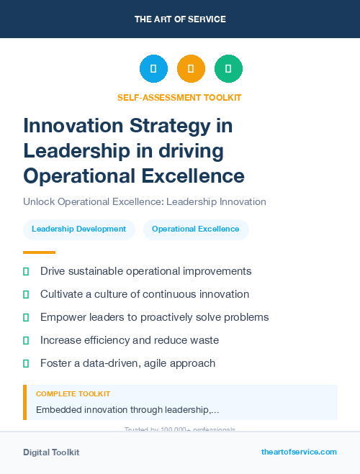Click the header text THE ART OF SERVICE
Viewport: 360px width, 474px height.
tap(180, 19)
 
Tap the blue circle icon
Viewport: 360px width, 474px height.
tap(153, 69)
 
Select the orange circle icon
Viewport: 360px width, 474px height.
tap(191, 69)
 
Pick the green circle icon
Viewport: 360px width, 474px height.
tap(228, 69)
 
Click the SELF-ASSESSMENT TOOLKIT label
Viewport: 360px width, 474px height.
tap(179, 97)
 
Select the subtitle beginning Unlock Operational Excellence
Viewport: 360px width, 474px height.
tap(144, 202)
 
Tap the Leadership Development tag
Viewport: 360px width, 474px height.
tap(79, 229)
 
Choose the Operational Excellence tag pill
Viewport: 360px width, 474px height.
tap(195, 229)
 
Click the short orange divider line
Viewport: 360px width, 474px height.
tap(39, 252)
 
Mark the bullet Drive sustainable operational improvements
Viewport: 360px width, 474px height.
tap(145, 271)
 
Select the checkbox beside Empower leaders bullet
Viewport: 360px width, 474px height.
tap(27, 317)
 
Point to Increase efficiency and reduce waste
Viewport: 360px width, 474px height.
tap(130, 340)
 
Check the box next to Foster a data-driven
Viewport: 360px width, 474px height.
tap(27, 363)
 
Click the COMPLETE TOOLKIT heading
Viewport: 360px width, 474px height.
tap(73, 394)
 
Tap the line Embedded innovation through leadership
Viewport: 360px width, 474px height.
tap(127, 410)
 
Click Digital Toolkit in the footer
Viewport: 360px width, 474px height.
tap(51, 452)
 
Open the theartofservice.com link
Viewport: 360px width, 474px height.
tap(299, 452)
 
